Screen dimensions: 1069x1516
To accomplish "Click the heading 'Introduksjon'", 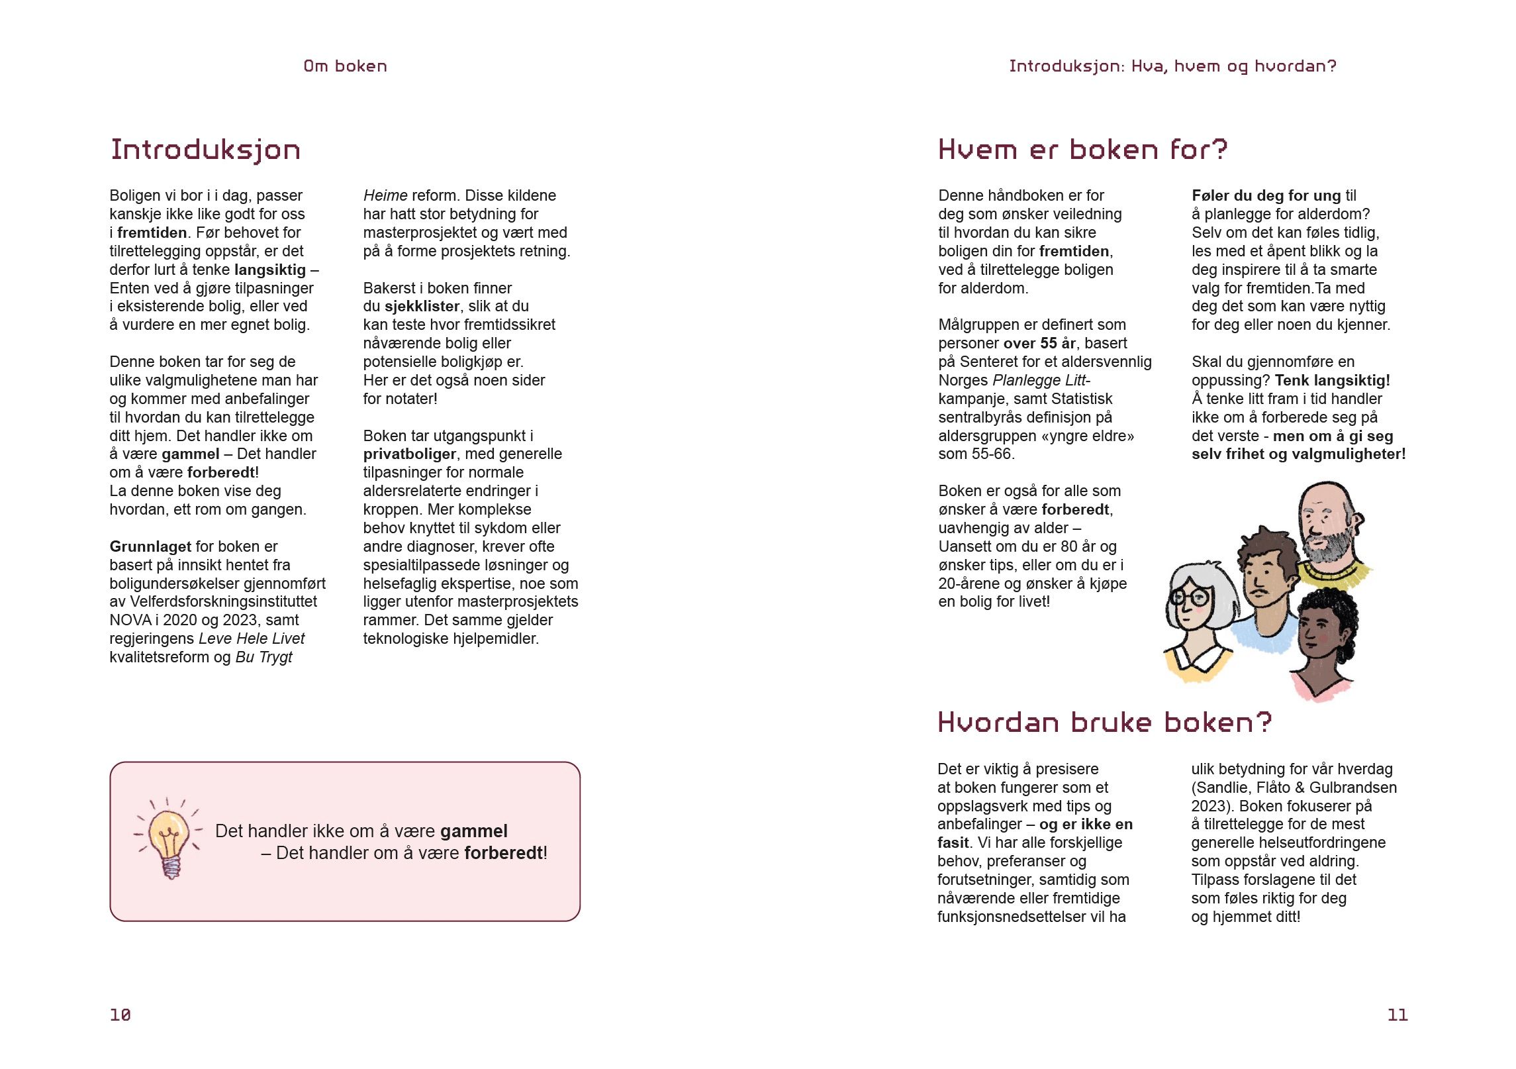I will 205,150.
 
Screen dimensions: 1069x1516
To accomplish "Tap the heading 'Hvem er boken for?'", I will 1082,150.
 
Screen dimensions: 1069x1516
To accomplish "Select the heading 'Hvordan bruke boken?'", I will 1104,723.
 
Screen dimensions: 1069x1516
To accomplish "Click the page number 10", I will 120,1015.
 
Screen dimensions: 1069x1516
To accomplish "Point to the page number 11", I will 1397,1015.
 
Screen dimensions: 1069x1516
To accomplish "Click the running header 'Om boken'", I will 345,66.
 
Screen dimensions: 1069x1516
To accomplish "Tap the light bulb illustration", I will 168,837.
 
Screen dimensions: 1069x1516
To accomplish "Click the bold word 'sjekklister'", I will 422,307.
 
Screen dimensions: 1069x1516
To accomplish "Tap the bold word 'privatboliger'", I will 409,454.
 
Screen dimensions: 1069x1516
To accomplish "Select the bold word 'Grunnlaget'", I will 150,547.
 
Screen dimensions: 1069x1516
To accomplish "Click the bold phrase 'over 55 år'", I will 1039,344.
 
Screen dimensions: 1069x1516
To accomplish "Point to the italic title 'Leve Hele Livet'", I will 252,639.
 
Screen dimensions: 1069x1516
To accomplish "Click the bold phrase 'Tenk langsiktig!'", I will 1332,381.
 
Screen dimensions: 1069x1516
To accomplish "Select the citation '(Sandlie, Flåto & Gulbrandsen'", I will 1294,788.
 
